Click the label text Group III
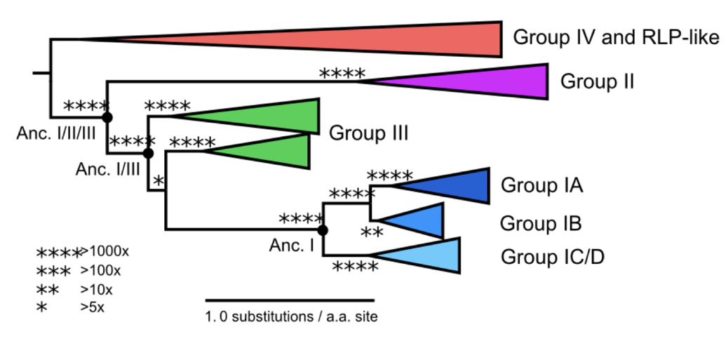point(369,132)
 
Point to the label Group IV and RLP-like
point(616,37)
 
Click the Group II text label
point(597,81)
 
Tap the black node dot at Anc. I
point(322,229)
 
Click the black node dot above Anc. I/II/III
point(107,116)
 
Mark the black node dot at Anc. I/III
point(148,152)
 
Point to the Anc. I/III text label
point(108,169)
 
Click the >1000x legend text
point(105,251)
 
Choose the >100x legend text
point(101,269)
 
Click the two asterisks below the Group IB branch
point(371,234)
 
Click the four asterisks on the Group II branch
point(342,73)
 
